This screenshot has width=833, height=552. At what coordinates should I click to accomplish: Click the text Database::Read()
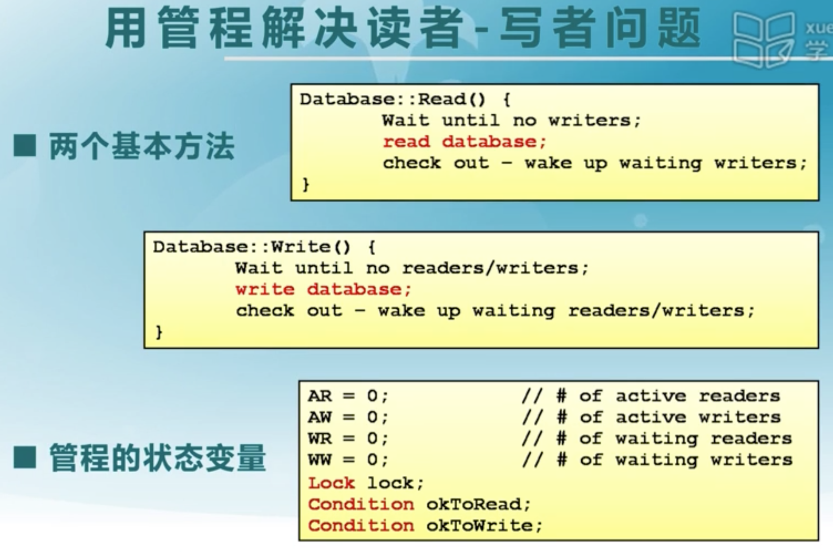pyautogui.click(x=393, y=99)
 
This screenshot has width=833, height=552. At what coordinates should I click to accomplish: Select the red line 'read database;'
pyautogui.click(x=465, y=142)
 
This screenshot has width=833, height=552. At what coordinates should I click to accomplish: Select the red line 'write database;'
pyautogui.click(x=323, y=290)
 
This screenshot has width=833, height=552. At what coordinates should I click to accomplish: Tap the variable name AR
pyautogui.click(x=319, y=396)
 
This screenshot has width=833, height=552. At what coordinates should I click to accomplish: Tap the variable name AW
pyautogui.click(x=319, y=417)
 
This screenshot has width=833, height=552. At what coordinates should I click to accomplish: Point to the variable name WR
pyautogui.click(x=319, y=439)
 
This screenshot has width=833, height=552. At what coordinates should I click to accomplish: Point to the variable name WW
pyautogui.click(x=319, y=460)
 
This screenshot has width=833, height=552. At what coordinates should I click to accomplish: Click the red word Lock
pyautogui.click(x=331, y=482)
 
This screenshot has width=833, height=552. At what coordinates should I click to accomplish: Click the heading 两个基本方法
pyautogui.click(x=141, y=146)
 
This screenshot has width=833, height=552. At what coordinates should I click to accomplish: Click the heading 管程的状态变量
pyautogui.click(x=157, y=458)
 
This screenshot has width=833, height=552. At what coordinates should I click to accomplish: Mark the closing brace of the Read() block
pyautogui.click(x=306, y=184)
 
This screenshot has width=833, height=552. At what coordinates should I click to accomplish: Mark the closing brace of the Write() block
pyautogui.click(x=159, y=332)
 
